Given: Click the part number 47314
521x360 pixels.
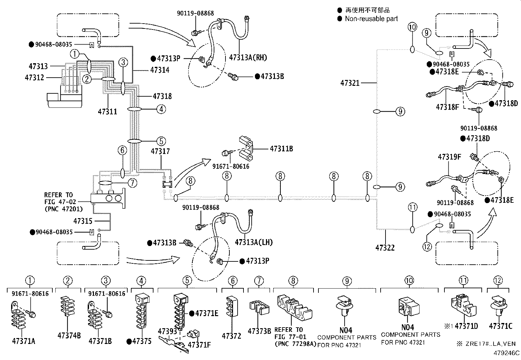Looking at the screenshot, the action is tap(160, 70).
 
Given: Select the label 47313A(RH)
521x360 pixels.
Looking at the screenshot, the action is tap(248, 58).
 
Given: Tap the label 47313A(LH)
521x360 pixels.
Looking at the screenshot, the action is tap(254, 242).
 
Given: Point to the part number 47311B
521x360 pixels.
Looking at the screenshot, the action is tap(281, 149).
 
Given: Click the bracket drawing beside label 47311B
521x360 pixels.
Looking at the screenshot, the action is tap(246, 149).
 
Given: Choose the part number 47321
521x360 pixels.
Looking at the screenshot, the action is tap(350, 83).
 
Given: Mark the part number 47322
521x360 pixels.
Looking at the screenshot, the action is tap(385, 248).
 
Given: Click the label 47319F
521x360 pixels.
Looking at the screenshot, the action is tap(449, 157).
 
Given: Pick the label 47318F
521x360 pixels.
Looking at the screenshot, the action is tap(447, 107).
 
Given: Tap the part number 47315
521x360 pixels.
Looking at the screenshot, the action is tap(83, 221).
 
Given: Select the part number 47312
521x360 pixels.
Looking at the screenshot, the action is tap(34, 77).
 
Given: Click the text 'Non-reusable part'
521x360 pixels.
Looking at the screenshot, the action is tap(371, 19).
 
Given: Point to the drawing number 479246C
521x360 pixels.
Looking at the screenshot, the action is tap(507, 353).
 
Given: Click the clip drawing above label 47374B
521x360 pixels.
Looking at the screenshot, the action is tap(67, 306).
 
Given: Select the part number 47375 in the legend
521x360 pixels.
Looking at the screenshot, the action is tap(142, 341).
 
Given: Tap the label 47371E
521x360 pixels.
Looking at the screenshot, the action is tap(207, 313).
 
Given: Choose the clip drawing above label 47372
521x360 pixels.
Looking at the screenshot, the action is tap(232, 307).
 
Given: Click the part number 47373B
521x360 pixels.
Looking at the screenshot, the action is tap(259, 331).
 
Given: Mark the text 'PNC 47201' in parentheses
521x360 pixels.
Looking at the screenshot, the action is tap(64, 209).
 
